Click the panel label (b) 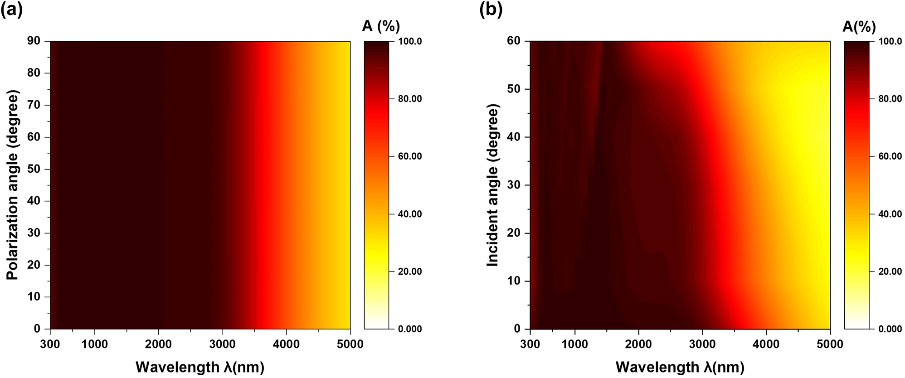(491, 10)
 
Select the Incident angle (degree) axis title (493, 185)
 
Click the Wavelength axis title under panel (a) (199, 367)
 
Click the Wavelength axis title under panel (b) (680, 367)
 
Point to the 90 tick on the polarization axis (34, 41)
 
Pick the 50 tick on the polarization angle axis (34, 169)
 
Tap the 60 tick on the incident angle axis (514, 41)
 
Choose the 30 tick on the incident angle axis (514, 185)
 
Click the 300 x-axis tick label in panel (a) (50, 344)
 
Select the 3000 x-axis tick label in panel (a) (222, 344)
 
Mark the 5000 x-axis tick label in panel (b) (830, 344)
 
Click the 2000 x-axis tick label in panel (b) (638, 344)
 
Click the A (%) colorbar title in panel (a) (381, 26)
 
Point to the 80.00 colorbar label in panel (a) (410, 99)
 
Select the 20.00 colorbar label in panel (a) (410, 271)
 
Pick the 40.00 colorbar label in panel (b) (890, 214)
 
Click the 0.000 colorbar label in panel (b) (890, 329)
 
